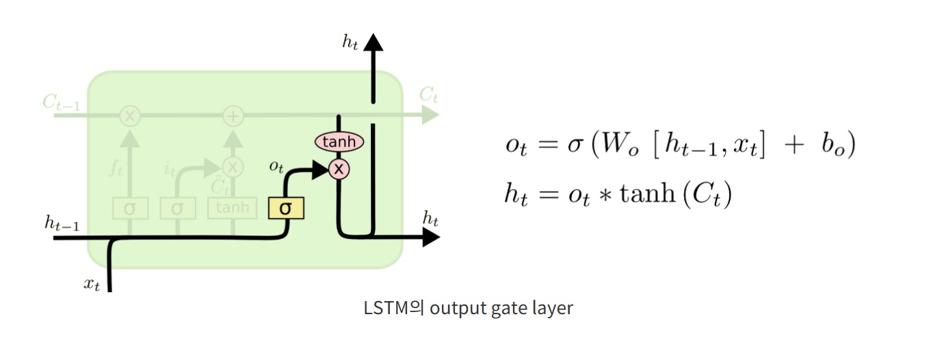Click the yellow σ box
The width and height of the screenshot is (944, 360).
point(286,208)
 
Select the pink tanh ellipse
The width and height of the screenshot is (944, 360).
point(339,142)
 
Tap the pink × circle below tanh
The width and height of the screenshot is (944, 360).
point(339,168)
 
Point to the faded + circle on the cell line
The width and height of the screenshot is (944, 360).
point(234,116)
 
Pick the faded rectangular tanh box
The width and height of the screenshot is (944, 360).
point(233,208)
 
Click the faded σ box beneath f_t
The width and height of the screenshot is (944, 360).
point(129,208)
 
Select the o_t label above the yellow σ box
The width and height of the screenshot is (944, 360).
point(277,167)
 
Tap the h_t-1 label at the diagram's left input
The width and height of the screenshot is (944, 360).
point(62,222)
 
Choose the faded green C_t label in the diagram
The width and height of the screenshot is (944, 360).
point(428,95)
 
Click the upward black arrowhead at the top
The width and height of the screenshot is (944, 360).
point(373,42)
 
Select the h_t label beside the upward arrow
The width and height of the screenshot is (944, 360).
point(350,42)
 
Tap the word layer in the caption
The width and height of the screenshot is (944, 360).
point(551,309)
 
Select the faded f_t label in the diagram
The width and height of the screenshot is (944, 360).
point(116,168)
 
